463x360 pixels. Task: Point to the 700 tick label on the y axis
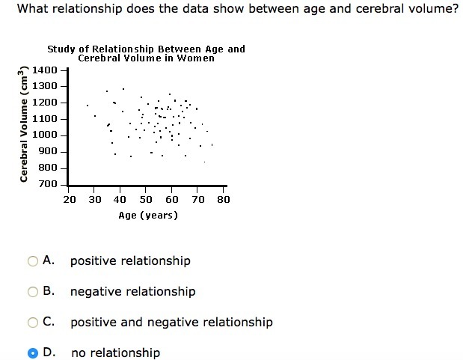(x=48, y=184)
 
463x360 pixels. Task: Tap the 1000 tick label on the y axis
(x=45, y=135)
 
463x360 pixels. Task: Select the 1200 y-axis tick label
(x=45, y=102)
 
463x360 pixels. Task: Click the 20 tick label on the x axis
(x=70, y=199)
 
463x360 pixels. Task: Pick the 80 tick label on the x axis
(x=224, y=199)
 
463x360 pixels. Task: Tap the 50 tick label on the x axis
(x=147, y=199)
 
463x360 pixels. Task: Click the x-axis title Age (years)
(x=148, y=216)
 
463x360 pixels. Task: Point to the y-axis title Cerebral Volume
(x=25, y=123)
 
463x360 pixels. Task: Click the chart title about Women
(x=146, y=53)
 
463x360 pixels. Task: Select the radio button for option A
(x=33, y=261)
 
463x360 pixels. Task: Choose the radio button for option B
(x=33, y=292)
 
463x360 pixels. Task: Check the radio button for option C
(x=33, y=323)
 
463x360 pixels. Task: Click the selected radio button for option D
(x=33, y=353)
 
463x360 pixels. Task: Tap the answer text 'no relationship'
(x=115, y=353)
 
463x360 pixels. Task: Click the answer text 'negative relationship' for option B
(x=132, y=291)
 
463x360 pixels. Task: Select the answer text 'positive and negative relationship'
(x=171, y=322)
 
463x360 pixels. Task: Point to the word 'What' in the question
(x=33, y=10)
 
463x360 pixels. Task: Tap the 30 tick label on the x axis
(x=95, y=199)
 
